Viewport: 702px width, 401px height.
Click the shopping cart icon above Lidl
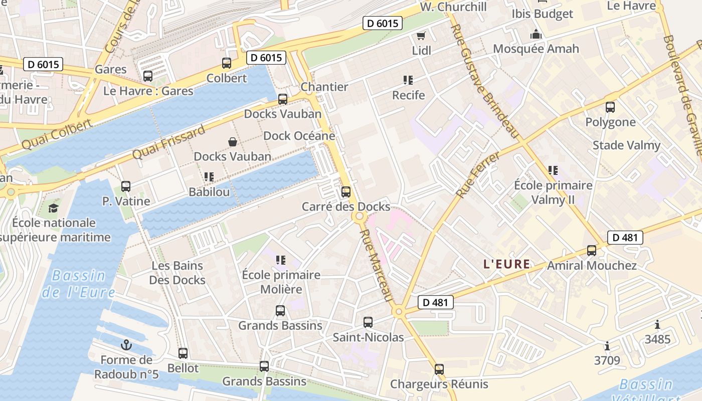[x=421, y=36]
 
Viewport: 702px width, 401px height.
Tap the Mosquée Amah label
[x=536, y=49]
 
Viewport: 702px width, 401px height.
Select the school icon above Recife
[x=408, y=80]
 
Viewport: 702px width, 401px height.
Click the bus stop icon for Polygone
[x=610, y=107]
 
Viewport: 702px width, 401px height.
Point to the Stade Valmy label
[x=626, y=145]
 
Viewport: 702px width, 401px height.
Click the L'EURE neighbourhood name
[x=506, y=264]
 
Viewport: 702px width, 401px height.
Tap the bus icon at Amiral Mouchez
[x=592, y=251]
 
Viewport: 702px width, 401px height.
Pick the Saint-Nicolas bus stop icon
[x=368, y=322]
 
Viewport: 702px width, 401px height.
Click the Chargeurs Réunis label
[x=439, y=384]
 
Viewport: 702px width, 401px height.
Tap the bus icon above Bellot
[x=183, y=353]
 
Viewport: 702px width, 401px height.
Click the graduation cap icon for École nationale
[x=53, y=208]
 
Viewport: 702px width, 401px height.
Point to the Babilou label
[x=209, y=192]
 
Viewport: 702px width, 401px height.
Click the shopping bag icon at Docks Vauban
[x=233, y=142]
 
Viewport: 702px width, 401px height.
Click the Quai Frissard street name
[x=169, y=142]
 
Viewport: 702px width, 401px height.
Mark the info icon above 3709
[x=607, y=346]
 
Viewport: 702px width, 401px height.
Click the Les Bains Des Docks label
[x=178, y=273]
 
